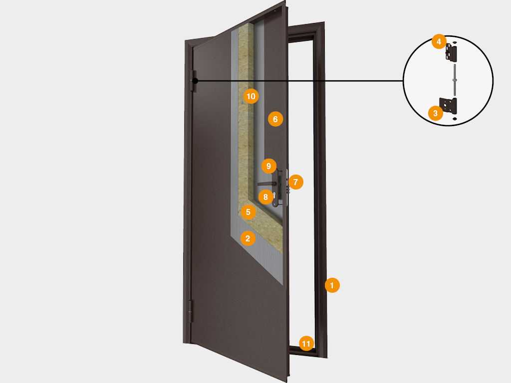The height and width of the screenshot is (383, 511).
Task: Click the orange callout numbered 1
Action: pos(332,285)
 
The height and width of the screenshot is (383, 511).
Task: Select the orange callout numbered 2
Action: pos(248,238)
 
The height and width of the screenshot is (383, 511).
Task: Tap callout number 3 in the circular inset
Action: pos(436,113)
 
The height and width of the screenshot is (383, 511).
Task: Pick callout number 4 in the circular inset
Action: pos(439,41)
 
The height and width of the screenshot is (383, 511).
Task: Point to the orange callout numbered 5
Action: pos(248,212)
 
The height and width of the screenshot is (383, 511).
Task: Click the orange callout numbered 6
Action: pos(275,119)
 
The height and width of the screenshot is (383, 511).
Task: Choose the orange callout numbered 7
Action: pos(295,182)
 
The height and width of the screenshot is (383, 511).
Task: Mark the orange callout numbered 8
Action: pos(265,196)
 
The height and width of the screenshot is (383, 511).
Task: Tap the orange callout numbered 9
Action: pos(268,166)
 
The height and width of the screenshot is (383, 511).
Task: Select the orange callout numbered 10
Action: pos(251,96)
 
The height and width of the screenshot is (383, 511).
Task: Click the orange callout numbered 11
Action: pos(306,343)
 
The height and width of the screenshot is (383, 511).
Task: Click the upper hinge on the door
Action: pos(193,80)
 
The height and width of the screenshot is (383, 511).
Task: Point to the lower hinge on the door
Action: pos(190,311)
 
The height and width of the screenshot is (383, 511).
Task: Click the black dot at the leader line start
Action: pos(195,81)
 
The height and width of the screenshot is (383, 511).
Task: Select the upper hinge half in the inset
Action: pos(452,52)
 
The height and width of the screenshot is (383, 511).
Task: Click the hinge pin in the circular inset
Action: pos(454,79)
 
